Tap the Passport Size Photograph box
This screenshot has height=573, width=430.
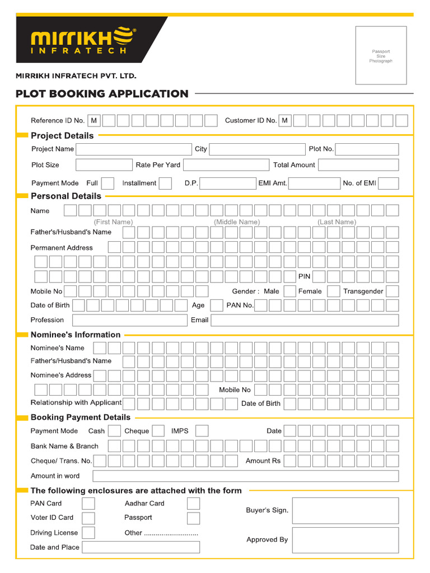coord(381,55)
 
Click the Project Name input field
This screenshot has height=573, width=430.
coord(134,149)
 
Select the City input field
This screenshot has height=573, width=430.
coord(257,149)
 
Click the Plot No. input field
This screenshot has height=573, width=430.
coord(367,149)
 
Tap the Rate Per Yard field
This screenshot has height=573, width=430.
coord(226,165)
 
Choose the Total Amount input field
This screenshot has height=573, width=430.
coord(358,165)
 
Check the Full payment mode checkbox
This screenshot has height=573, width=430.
coord(108,184)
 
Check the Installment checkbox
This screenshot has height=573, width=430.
coord(165,184)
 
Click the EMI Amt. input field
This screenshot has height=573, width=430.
coord(314,184)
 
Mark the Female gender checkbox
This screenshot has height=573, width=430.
coord(334,292)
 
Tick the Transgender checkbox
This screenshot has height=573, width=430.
coord(392,292)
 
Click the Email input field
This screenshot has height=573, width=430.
coord(305,321)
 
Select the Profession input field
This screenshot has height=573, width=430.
coord(129,321)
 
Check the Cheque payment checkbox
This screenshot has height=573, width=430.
coord(158,431)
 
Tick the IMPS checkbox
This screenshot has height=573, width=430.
coord(202,431)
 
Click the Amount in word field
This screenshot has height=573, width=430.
coord(245,476)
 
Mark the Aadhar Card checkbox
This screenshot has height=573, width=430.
coord(193,504)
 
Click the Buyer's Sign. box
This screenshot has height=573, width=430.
coord(345,511)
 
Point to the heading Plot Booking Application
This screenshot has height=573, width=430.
coord(102,94)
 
